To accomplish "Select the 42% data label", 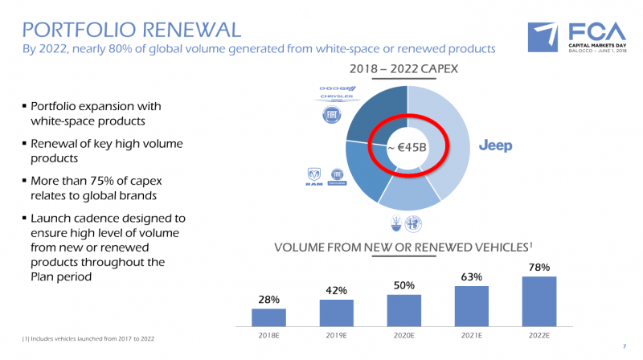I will pyautogui.click(x=337, y=290).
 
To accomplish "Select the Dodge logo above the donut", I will pyautogui.click(x=337, y=88).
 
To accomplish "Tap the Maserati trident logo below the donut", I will pyautogui.click(x=395, y=222).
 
